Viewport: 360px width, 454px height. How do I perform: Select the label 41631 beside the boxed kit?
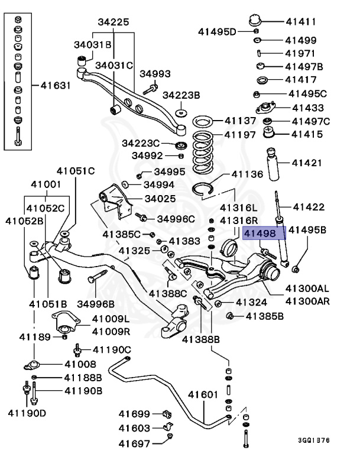pos(56,85)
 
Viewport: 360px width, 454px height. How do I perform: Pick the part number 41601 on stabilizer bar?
pos(205,394)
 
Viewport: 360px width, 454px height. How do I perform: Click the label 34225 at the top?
pos(113,22)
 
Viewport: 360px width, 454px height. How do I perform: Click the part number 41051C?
pos(75,171)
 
